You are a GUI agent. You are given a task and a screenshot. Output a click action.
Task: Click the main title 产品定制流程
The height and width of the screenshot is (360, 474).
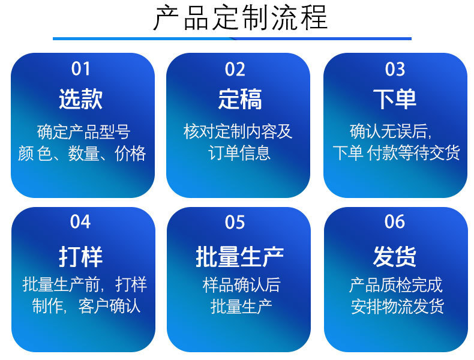241,18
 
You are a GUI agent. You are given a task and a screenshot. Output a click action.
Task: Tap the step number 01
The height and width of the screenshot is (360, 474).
81,69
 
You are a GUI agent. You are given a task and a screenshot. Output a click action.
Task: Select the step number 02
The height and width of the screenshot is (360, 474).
235,69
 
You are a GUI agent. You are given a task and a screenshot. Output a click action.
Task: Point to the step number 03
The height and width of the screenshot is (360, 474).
395,69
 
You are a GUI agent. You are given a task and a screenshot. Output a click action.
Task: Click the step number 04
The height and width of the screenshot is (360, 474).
80,222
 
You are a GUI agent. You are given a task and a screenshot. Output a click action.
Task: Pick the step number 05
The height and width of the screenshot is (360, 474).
235,222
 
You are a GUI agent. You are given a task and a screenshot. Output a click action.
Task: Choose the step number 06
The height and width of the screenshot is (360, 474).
394,221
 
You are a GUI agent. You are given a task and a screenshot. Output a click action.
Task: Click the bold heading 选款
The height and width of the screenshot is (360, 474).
81,99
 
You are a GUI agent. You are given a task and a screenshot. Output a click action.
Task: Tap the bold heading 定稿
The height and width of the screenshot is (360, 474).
240,99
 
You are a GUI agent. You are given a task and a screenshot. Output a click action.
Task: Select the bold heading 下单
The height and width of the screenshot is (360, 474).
394,99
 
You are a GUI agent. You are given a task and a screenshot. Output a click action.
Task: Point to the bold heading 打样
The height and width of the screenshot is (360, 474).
81,257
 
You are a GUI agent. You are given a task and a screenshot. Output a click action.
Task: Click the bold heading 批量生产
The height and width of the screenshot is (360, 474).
240,257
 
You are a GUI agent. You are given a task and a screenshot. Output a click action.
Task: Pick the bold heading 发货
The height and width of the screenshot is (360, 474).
394,256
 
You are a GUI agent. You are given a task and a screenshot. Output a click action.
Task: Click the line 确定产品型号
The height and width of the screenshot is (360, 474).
84,132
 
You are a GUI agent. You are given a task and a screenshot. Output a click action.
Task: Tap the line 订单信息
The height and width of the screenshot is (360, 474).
239,152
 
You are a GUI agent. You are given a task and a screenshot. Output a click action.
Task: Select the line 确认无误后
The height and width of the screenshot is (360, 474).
391,131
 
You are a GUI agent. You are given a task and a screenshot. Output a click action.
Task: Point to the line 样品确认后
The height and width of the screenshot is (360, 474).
242,285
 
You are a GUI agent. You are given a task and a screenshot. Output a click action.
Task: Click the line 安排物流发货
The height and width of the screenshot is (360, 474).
397,306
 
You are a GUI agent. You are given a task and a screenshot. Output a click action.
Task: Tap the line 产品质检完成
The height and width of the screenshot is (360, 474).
396,285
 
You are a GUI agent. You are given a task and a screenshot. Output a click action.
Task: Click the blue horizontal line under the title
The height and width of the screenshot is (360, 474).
232,38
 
